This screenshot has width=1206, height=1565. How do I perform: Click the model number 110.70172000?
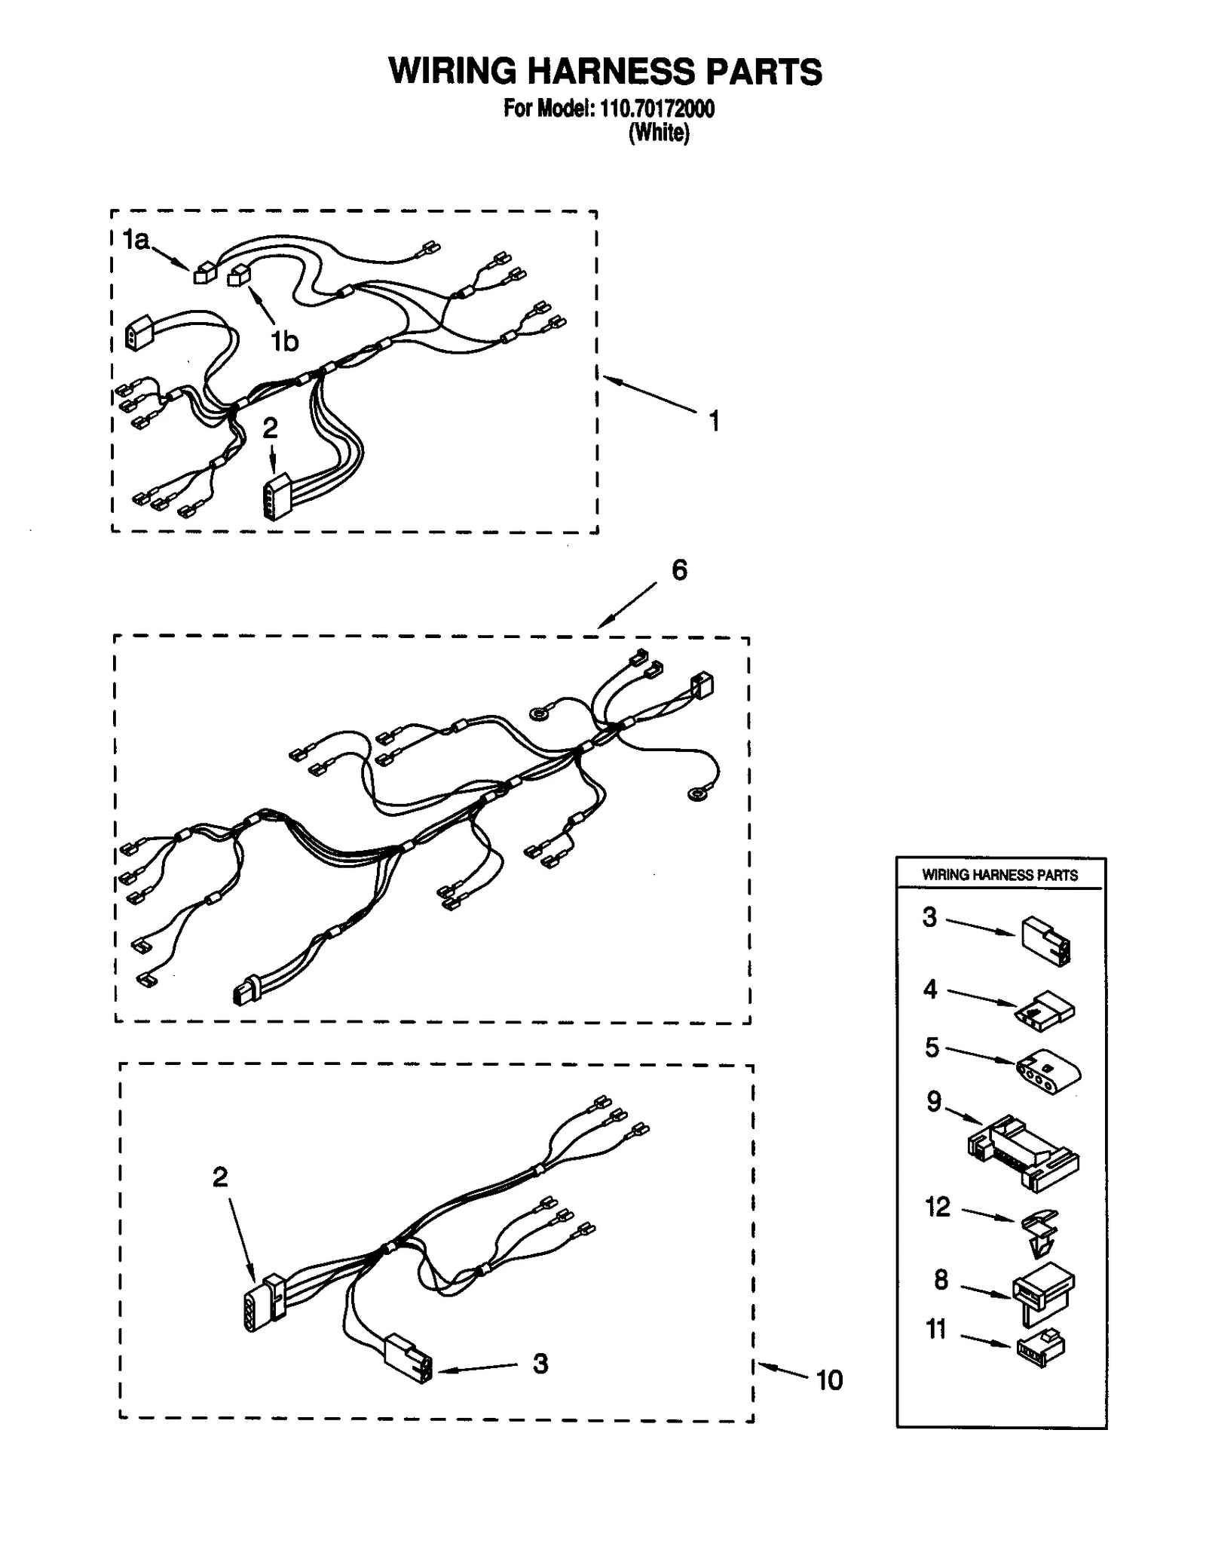tap(656, 109)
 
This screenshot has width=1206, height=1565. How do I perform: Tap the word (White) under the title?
tap(659, 133)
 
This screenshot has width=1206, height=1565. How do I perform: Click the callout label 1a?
tap(136, 240)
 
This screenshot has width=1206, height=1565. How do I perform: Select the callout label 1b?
tap(285, 342)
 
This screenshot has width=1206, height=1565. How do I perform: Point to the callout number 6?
tap(679, 571)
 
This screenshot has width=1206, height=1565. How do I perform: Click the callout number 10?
tap(829, 1380)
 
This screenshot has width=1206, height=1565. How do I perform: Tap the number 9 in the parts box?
tap(934, 1102)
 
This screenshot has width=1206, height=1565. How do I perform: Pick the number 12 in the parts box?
tap(938, 1208)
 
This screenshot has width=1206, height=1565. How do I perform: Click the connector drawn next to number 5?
tap(1048, 1072)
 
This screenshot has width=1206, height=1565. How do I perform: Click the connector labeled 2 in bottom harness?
tap(264, 1302)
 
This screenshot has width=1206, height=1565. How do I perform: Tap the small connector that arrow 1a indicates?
tap(204, 273)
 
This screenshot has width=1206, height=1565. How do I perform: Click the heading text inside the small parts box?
tap(999, 875)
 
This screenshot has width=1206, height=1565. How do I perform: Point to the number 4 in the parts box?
tap(930, 989)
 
